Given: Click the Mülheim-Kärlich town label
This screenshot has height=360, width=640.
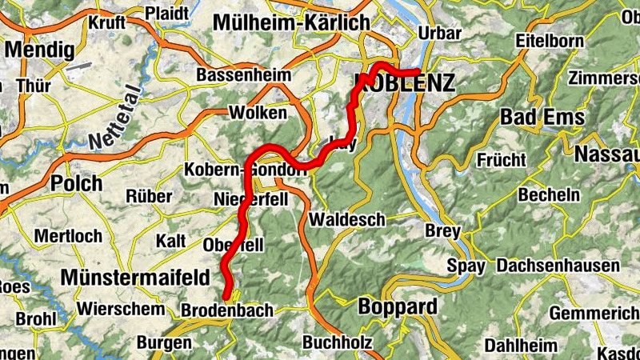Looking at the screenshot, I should click(290, 22).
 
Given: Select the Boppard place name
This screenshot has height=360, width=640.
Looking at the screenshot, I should click(398, 306).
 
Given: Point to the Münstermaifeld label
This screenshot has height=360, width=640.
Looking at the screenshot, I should click(135, 278).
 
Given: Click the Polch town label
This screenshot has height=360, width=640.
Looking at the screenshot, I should click(76, 183).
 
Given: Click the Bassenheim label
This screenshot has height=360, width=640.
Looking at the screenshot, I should click(234, 77).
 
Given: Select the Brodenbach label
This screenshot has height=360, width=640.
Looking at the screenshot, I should click(227, 310).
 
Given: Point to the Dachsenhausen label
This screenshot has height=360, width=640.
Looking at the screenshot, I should click(558, 266).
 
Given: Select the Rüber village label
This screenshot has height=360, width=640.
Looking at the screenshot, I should click(149, 196).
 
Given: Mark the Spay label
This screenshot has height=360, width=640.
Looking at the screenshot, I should click(466, 266).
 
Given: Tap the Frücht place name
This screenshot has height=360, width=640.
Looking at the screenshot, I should click(501, 160).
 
